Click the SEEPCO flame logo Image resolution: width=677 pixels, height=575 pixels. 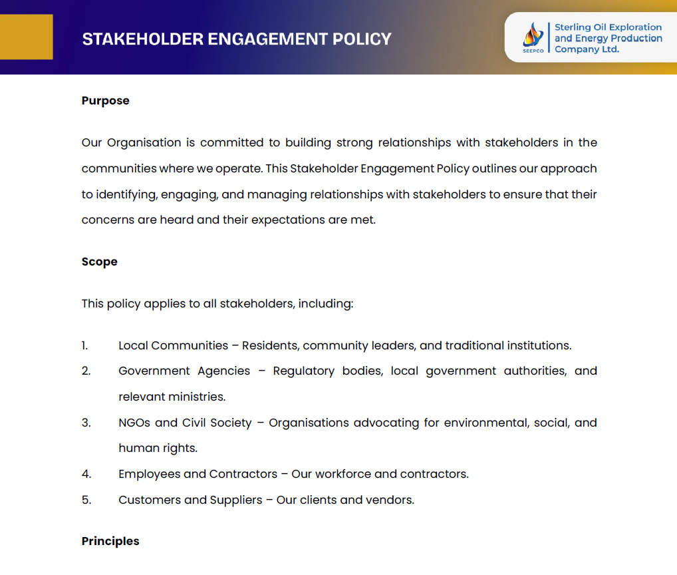tap(533, 35)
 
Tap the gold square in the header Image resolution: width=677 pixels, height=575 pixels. tap(26, 37)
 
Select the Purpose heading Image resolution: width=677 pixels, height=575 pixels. tap(105, 100)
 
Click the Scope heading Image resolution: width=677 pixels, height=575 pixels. tap(99, 262)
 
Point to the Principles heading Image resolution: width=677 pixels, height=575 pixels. tap(110, 541)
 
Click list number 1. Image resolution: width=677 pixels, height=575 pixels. tap(84, 345)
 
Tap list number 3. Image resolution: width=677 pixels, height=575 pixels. tap(86, 423)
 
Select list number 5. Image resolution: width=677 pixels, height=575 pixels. tap(86, 500)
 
